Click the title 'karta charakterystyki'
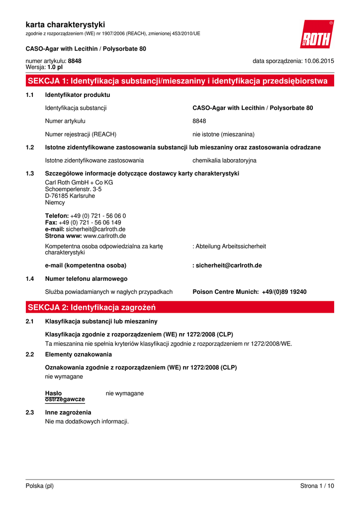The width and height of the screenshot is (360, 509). point(65,24)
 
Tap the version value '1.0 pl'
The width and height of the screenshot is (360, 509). point(55,67)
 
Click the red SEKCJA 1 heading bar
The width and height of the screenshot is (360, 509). point(180,81)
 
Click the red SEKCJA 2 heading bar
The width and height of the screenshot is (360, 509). point(180,307)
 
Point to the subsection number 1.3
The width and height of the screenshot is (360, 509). point(29,173)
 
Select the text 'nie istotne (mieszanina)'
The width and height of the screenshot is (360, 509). point(223,134)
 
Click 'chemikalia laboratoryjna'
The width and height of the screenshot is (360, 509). point(224,161)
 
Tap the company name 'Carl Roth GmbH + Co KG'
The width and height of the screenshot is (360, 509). point(79,182)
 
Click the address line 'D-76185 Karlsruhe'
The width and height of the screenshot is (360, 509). point(70,196)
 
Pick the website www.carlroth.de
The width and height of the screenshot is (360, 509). point(104,236)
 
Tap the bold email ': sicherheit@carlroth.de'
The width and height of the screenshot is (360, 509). point(227,265)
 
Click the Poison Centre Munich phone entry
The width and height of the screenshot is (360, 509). point(250,292)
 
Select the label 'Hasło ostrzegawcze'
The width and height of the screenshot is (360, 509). point(65,396)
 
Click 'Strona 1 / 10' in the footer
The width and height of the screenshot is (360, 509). point(317,486)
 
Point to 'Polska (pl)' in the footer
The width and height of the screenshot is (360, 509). point(39,486)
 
